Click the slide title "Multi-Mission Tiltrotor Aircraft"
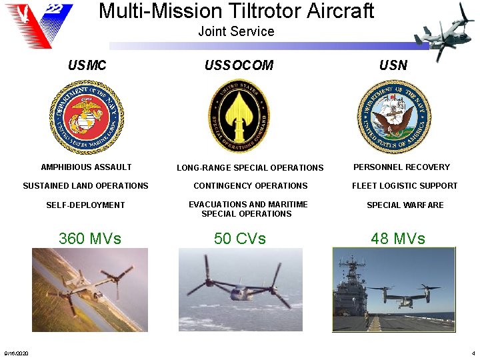[x=236, y=11]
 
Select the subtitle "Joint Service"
[x=236, y=31]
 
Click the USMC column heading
[x=87, y=65]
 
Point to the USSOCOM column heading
[x=239, y=65]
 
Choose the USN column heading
[x=393, y=65]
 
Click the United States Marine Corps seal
[x=86, y=117]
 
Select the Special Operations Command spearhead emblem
[x=239, y=117]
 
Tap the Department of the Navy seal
[x=394, y=117]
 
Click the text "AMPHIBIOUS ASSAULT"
[x=86, y=167]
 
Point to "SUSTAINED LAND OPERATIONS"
[x=85, y=186]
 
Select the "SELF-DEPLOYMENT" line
[x=85, y=205]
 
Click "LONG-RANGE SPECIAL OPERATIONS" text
[x=250, y=168]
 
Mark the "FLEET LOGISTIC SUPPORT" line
[x=405, y=186]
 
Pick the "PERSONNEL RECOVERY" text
[x=401, y=167]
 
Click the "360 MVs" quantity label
[x=90, y=238]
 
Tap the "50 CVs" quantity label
[x=239, y=238]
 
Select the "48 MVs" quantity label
[x=398, y=238]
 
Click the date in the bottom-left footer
[x=15, y=353]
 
